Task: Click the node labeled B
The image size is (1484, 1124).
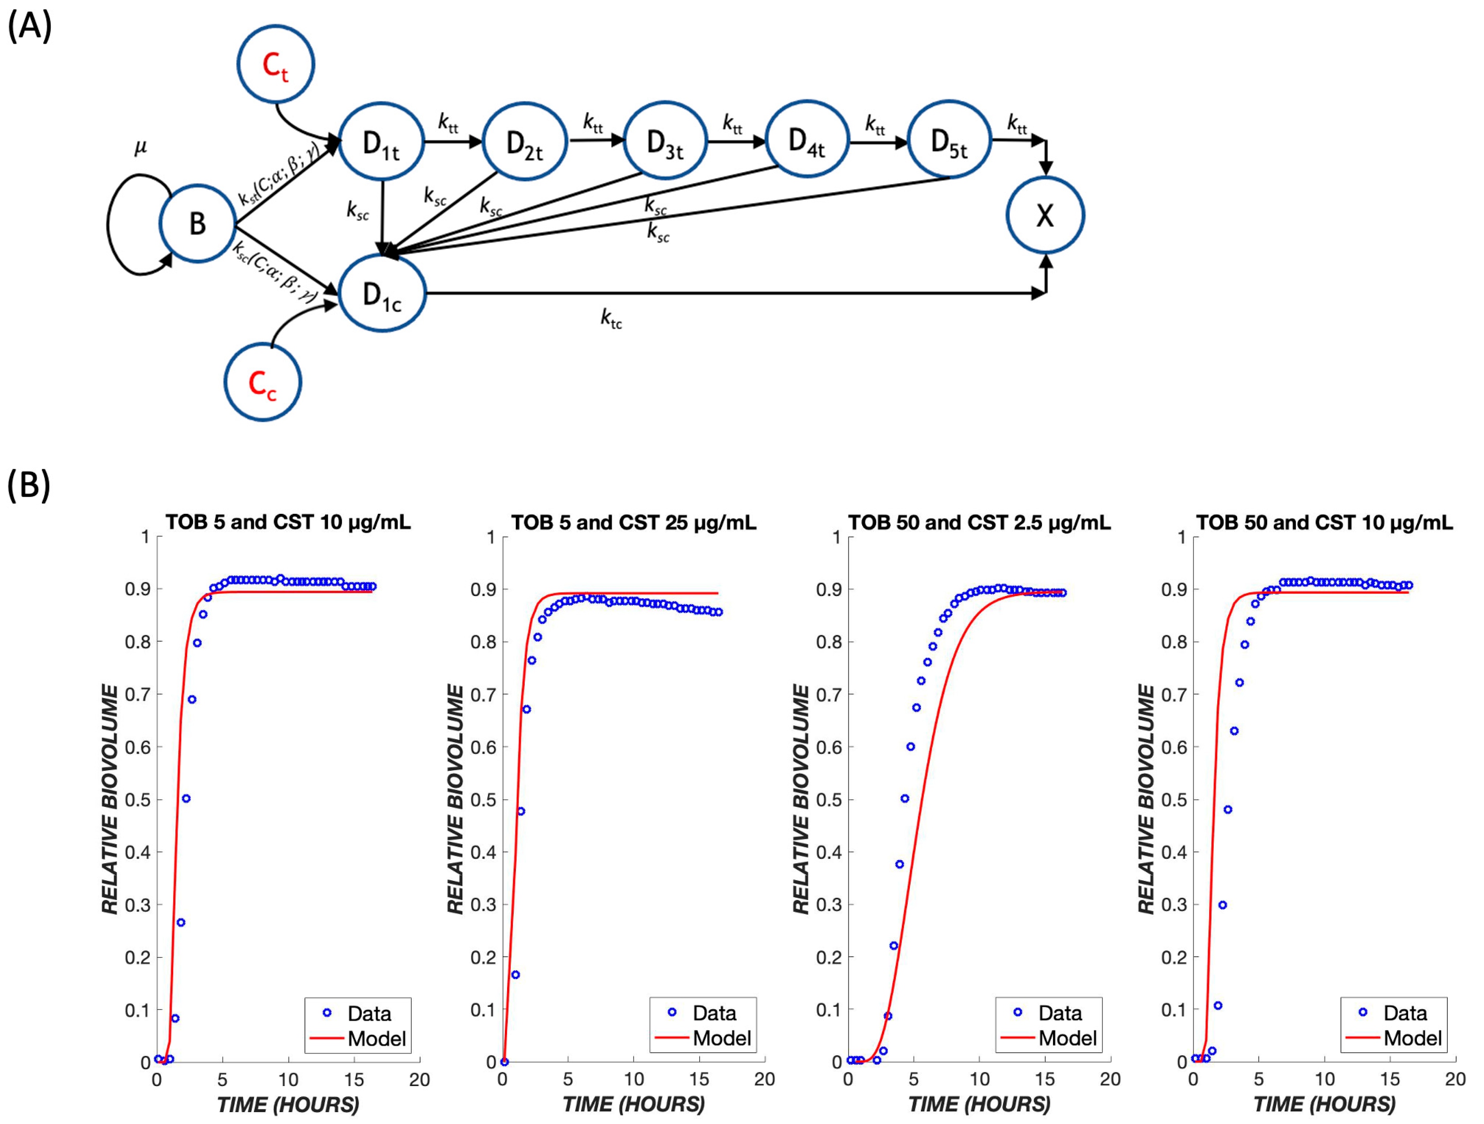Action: (x=197, y=223)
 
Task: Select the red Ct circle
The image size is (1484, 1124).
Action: (x=275, y=65)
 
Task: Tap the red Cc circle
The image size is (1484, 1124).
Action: (x=262, y=383)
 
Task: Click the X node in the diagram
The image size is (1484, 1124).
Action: (x=1045, y=216)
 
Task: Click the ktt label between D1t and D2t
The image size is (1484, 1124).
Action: (x=448, y=123)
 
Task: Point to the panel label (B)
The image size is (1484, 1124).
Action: (x=28, y=485)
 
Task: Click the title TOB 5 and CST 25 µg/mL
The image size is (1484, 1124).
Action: (x=633, y=522)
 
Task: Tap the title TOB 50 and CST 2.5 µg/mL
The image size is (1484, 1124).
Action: (x=979, y=522)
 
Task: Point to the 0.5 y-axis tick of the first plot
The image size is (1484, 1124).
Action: (x=137, y=800)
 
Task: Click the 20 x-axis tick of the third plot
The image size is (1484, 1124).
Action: (x=1109, y=1080)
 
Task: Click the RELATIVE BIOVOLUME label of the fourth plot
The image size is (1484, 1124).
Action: (x=1147, y=799)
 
